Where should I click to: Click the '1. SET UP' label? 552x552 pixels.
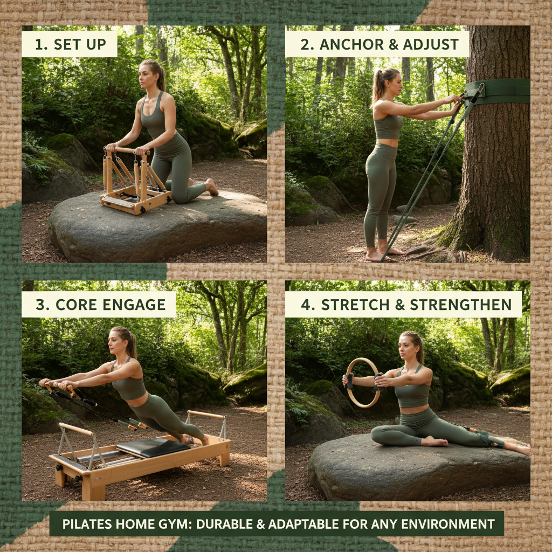coord(69,44)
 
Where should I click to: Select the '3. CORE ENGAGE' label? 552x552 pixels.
coord(99,305)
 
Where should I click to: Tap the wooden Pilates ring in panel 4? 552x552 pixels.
coord(362,383)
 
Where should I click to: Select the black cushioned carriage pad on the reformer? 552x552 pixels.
coord(153,447)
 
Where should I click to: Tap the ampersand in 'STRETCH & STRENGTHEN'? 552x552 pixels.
coord(399,305)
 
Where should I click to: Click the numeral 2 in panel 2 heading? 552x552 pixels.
coord(307,44)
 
